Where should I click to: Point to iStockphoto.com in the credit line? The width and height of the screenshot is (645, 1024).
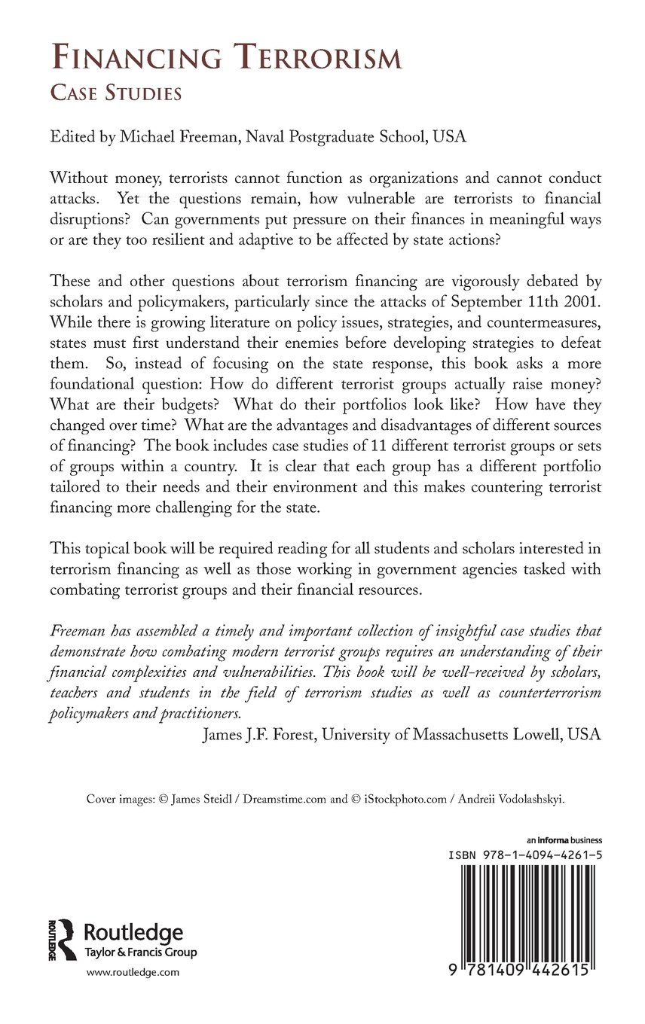pyautogui.click(x=408, y=799)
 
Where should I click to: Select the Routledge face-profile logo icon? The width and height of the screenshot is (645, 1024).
pyautogui.click(x=63, y=940)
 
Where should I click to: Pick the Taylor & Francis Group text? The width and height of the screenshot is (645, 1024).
pyautogui.click(x=139, y=952)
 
